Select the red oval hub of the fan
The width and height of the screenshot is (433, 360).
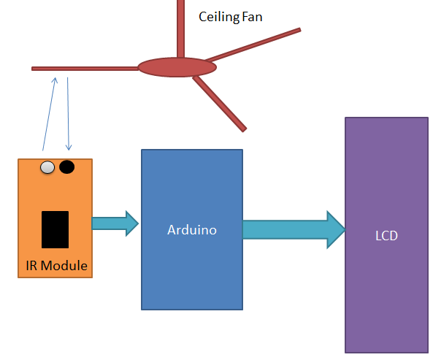coord(177,67)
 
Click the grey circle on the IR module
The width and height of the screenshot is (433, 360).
coord(47,167)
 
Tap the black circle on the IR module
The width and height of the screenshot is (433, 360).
coord(66,167)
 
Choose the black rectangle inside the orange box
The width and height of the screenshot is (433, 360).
coord(55,229)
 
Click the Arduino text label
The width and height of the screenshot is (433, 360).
coord(191,229)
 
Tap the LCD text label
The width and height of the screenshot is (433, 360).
coord(386,236)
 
